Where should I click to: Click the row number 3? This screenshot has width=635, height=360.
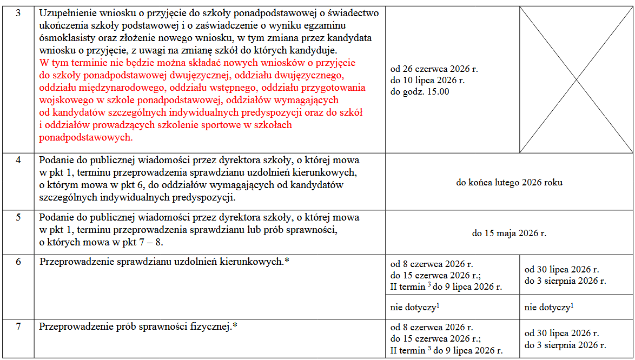pyautogui.click(x=18, y=13)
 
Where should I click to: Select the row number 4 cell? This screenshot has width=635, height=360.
pyautogui.click(x=18, y=161)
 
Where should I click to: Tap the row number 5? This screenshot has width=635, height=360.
pyautogui.click(x=18, y=217)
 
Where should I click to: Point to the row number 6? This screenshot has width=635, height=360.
pyautogui.click(x=18, y=262)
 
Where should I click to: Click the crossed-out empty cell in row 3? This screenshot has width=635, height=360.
pyautogui.click(x=576, y=80)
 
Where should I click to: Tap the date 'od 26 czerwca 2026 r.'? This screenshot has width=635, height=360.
pyautogui.click(x=434, y=69)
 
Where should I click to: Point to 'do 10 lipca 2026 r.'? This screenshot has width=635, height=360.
pyautogui.click(x=427, y=80)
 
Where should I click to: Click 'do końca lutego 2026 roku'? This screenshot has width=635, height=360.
pyautogui.click(x=509, y=183)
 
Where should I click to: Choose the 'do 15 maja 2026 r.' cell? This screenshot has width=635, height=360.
pyautogui.click(x=509, y=234)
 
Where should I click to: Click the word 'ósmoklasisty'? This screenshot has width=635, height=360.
pyautogui.click(x=65, y=38)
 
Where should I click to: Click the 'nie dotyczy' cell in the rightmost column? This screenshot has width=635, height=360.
pyautogui.click(x=549, y=308)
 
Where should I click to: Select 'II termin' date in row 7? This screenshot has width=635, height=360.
pyautogui.click(x=446, y=350)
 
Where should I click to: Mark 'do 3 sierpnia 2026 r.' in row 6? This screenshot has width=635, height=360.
pyautogui.click(x=565, y=281)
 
